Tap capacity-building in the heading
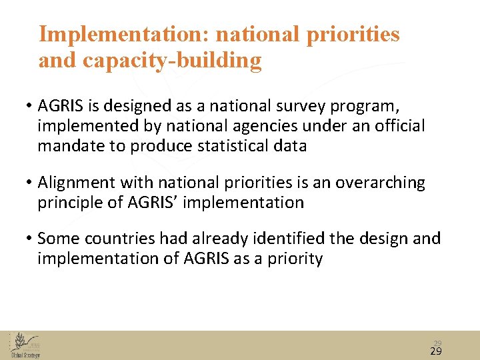pos(172,61)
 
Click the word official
pos(393,126)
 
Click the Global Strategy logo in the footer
pos(25,345)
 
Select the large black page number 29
pos(437,351)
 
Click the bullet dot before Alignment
pos(30,183)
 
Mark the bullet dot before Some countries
pos(30,239)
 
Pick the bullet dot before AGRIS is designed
pos(30,106)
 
